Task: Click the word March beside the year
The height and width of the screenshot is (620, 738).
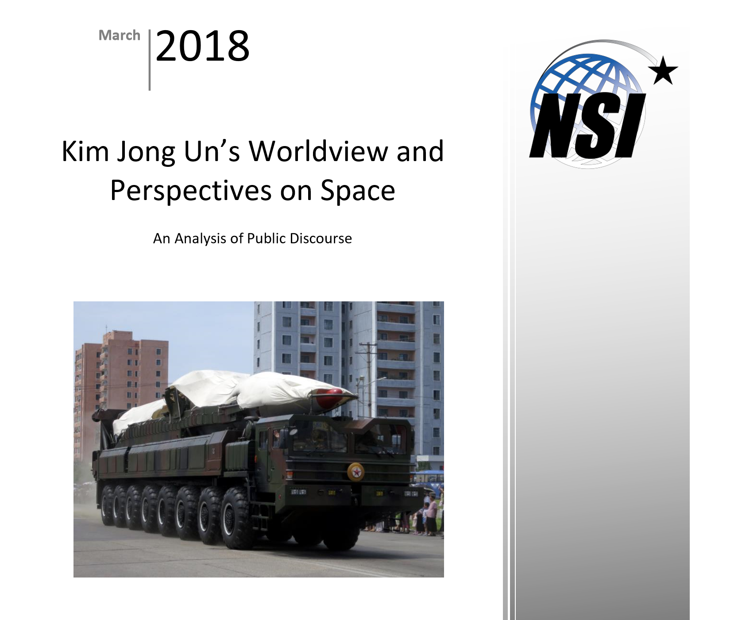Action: coord(119,35)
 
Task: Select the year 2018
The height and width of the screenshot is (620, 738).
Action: coord(202,46)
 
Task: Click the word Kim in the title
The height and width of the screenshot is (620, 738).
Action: coord(85,151)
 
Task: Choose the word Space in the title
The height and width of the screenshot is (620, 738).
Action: coord(358,191)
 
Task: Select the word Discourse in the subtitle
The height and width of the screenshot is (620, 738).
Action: coord(321,239)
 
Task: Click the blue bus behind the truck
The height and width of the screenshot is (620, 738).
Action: coord(427,478)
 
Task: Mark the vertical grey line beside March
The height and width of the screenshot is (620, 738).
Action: coord(150,60)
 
